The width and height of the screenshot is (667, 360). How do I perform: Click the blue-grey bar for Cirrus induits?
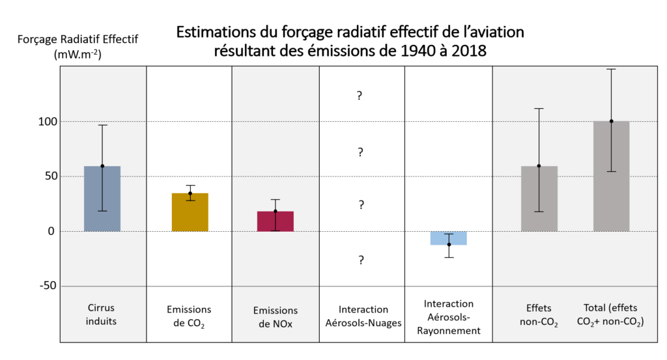pos(102,199)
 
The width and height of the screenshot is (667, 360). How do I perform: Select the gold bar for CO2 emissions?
pos(190,212)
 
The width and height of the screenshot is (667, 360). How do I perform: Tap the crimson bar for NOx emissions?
pos(275,221)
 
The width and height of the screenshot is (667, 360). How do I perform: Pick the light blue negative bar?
pos(449,238)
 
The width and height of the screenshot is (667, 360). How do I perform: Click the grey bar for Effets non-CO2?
pos(539,199)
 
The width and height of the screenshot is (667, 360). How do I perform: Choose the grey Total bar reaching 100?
pos(611,176)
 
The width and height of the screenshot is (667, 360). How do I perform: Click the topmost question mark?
pos(359,96)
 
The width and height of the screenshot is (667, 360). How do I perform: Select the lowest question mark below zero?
pos(360,260)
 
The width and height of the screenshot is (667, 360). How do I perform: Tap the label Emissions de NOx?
pos(276,317)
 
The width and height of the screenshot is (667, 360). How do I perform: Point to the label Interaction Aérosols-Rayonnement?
pos(449,317)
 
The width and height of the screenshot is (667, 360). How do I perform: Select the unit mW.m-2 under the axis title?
pos(78,56)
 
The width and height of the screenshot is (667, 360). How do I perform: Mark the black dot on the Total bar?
pos(611,121)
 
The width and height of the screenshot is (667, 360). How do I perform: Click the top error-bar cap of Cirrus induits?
pos(102,125)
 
